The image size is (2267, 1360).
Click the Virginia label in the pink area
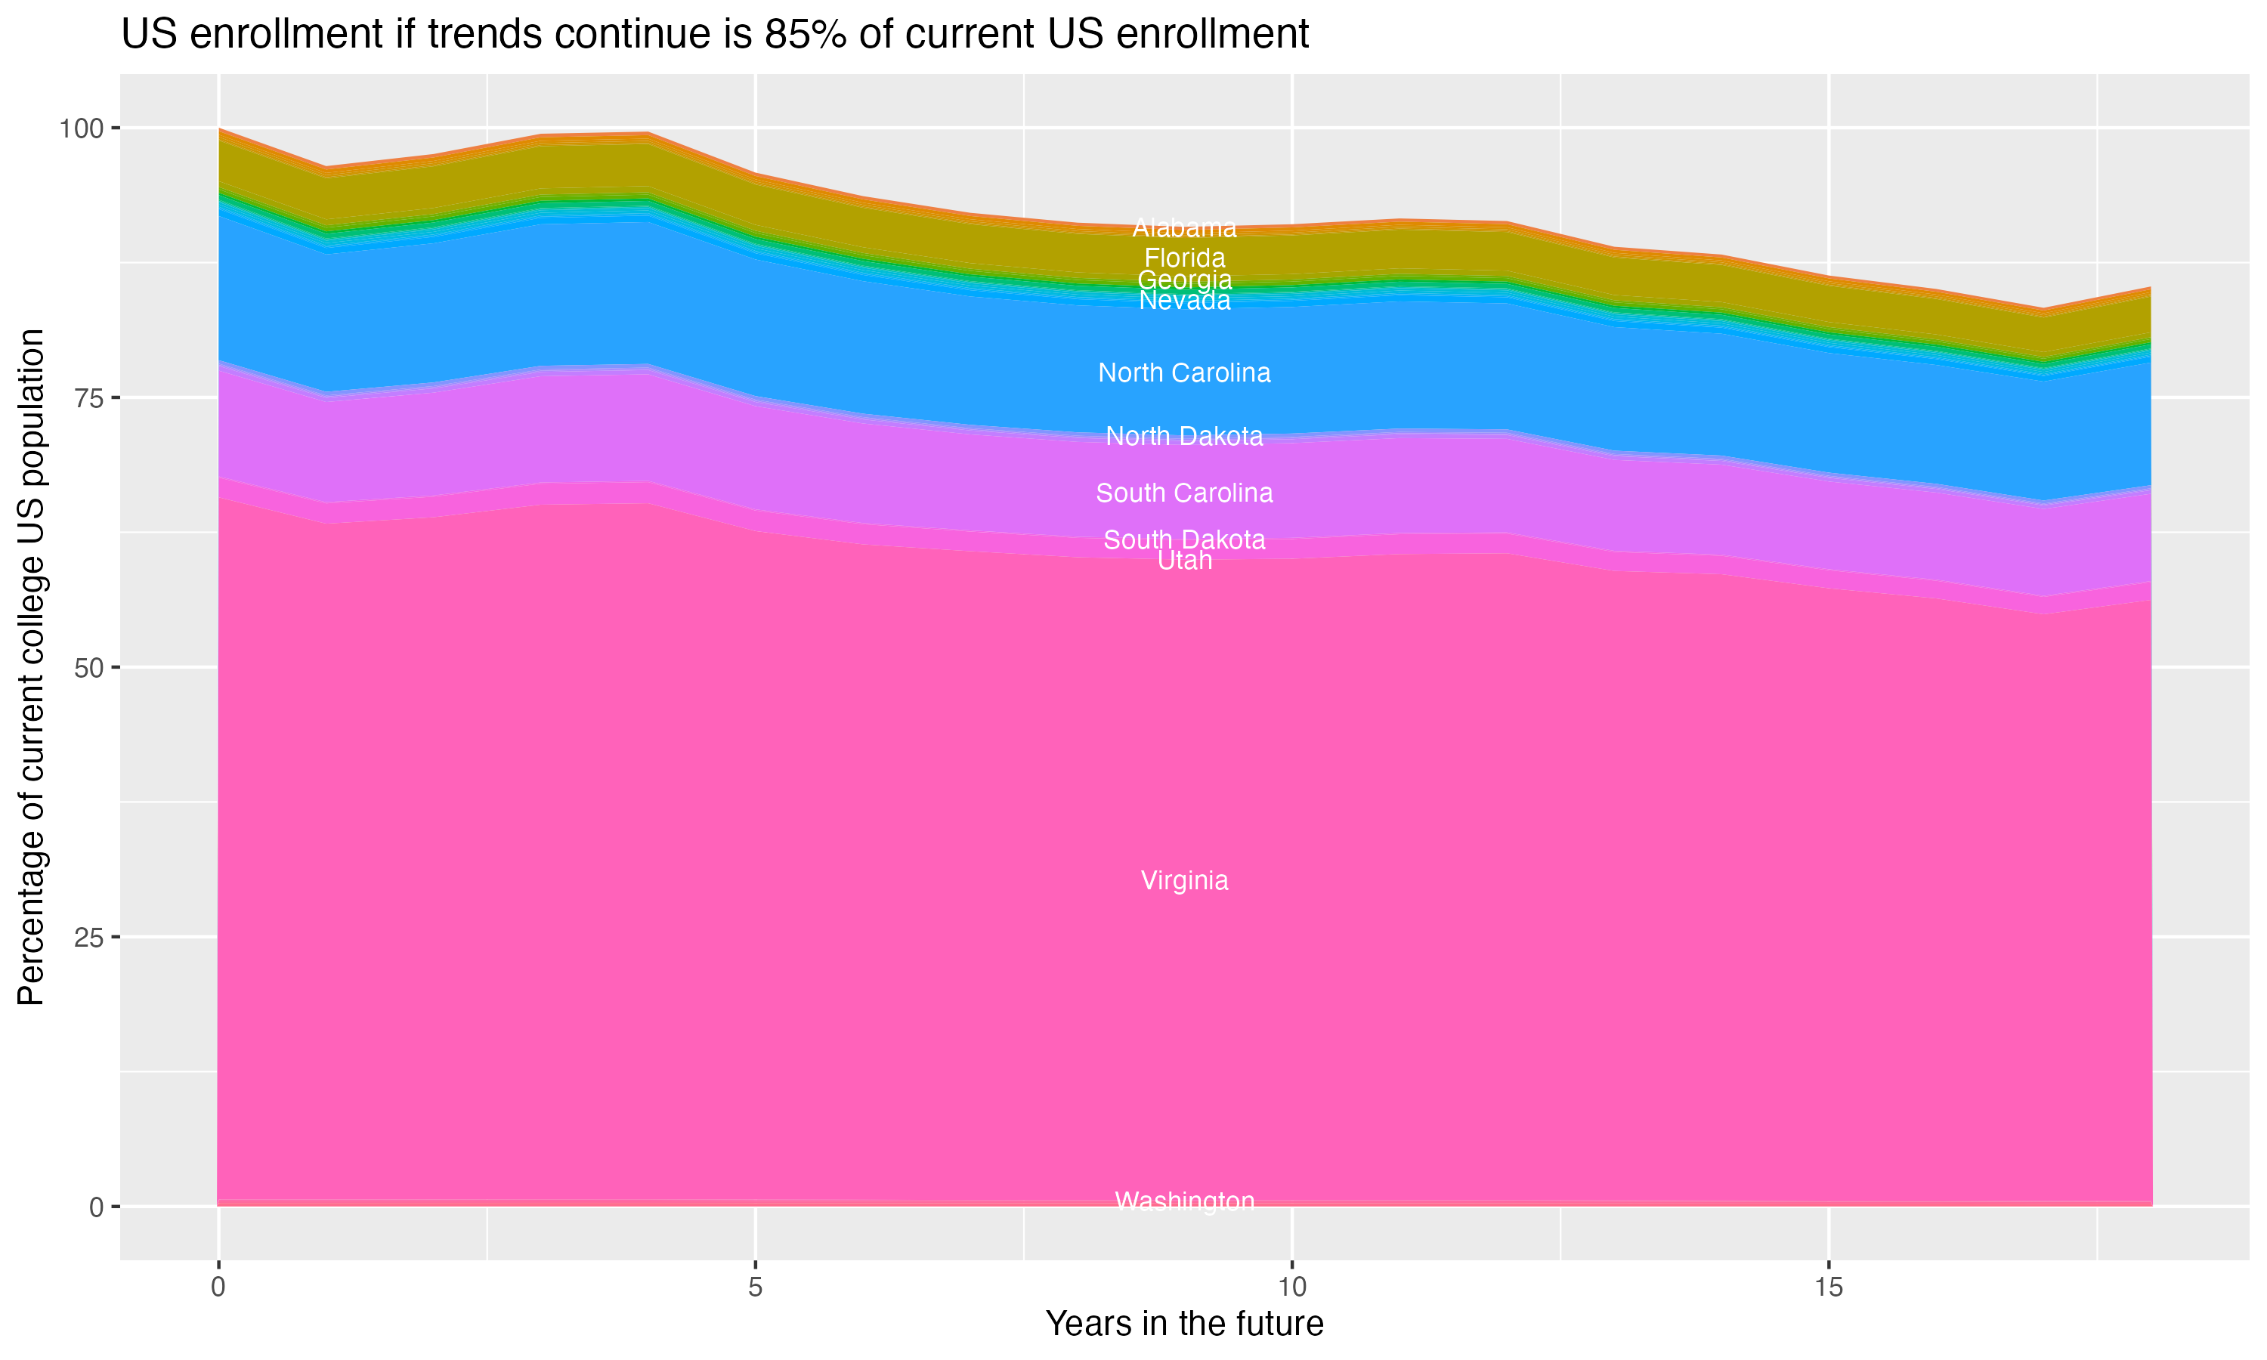[x=1184, y=881]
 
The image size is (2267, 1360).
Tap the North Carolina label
[x=1184, y=373]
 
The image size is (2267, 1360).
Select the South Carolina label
[x=1184, y=493]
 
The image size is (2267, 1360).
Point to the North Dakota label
[x=1184, y=436]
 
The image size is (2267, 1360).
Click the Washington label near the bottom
[x=1184, y=1201]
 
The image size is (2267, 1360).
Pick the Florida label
[x=1184, y=258]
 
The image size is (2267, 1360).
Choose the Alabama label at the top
[x=1184, y=227]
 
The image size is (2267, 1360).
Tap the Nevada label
[x=1184, y=301]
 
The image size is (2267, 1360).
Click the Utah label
[x=1184, y=560]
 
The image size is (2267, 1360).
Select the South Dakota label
[x=1184, y=539]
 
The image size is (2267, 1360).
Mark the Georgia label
[x=1184, y=280]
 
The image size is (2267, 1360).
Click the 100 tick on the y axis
[x=82, y=128]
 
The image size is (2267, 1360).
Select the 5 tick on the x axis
[x=755, y=1287]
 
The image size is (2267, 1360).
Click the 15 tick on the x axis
[x=1828, y=1287]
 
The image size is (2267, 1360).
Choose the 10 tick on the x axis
[x=1291, y=1287]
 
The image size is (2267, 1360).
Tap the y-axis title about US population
[x=31, y=666]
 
